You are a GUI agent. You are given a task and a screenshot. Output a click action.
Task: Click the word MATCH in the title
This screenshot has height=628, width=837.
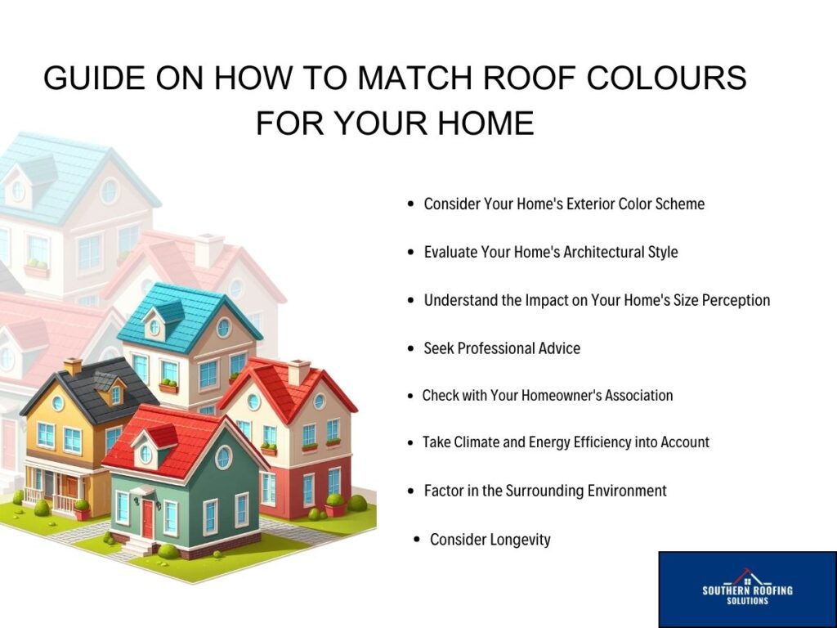[414, 78]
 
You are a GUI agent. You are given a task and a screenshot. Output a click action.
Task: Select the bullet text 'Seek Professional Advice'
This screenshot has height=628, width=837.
[502, 348]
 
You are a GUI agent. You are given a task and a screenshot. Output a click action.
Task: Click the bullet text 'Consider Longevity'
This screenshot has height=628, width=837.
[490, 540]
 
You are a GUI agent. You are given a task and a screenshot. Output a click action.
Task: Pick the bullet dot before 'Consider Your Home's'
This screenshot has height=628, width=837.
[410, 204]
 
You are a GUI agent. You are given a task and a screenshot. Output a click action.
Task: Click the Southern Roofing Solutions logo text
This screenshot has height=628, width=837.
[747, 594]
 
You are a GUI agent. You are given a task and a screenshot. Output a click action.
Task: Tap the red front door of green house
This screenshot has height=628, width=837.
[147, 519]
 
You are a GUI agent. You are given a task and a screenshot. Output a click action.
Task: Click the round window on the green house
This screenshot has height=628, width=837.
[224, 457]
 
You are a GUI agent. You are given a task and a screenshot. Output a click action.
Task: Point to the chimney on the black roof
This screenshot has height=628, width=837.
[73, 367]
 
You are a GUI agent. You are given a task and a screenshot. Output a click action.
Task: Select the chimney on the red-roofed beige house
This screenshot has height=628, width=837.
[298, 372]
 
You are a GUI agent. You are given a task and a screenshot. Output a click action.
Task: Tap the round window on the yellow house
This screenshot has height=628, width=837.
[58, 403]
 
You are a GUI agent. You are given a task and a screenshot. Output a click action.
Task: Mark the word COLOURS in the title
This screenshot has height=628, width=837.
[666, 78]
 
